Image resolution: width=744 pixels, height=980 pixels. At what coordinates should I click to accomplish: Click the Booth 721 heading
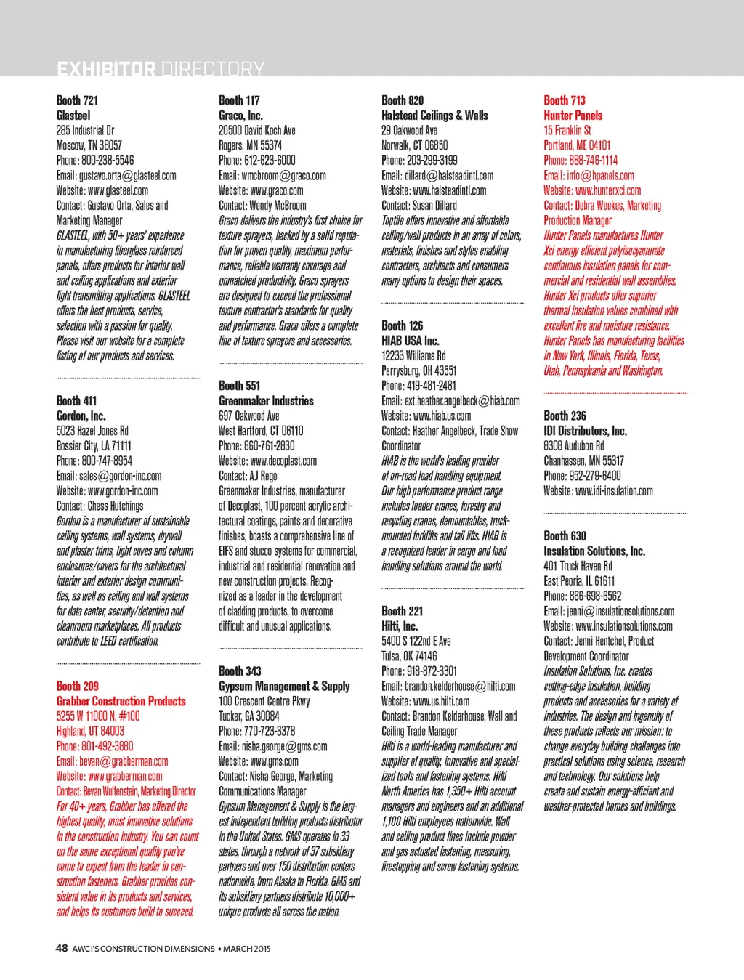[x=77, y=100]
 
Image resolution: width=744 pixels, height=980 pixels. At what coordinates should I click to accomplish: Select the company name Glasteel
[x=73, y=116]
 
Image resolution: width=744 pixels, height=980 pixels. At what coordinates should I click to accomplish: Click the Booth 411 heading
[x=76, y=401]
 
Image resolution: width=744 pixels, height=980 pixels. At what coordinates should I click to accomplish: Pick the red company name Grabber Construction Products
[x=121, y=701]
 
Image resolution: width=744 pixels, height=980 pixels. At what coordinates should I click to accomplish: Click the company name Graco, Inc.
[x=240, y=116]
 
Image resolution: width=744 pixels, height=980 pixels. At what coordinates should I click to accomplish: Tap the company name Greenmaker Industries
[x=266, y=401]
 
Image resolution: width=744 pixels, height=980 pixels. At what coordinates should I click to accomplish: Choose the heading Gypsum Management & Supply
[x=284, y=687]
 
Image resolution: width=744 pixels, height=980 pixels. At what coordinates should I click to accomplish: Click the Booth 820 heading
[x=403, y=100]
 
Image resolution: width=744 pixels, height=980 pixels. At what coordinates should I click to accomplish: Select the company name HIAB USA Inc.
[x=410, y=341]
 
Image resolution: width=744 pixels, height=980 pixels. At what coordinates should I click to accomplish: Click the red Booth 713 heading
[x=565, y=100]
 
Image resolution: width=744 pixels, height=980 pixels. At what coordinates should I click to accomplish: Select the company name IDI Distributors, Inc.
[x=585, y=431]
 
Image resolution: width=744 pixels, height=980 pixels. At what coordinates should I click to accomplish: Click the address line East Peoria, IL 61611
[x=579, y=581]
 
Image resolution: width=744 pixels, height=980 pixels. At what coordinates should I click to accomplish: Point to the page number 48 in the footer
[x=62, y=948]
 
